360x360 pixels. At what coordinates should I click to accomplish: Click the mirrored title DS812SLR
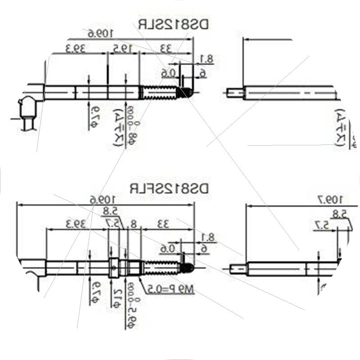173,24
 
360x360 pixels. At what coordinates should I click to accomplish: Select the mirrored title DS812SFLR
170,188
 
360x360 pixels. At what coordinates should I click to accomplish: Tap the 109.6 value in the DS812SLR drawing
100,33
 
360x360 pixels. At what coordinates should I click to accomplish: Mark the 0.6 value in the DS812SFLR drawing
167,248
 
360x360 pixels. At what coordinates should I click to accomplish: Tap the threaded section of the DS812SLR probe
160,92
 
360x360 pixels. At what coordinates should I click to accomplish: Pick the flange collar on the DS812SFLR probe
114,268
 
